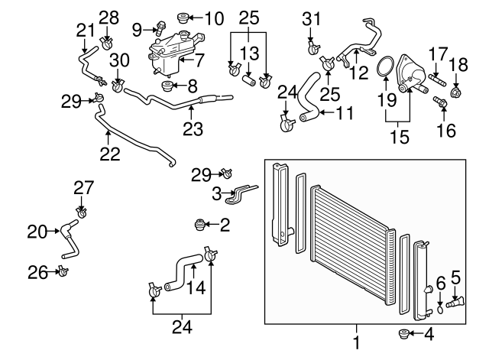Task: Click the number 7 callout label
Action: pos(199,59)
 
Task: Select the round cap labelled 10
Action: pos(183,18)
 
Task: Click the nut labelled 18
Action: pos(456,94)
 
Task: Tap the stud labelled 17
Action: pos(438,79)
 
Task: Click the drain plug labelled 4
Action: pos(403,333)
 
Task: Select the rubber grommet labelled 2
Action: pos(200,225)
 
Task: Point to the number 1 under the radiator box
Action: pos(356,336)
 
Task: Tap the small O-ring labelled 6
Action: pos(440,309)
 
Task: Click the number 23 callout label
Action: pos(193,128)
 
